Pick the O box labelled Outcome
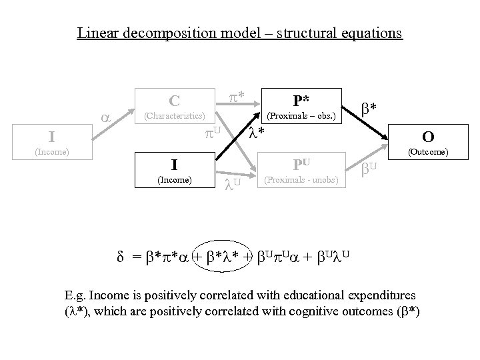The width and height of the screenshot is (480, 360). [428, 143]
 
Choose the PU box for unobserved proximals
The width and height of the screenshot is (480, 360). [301, 170]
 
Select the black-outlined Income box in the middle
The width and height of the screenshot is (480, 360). [175, 170]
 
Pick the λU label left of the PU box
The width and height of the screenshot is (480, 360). [232, 182]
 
